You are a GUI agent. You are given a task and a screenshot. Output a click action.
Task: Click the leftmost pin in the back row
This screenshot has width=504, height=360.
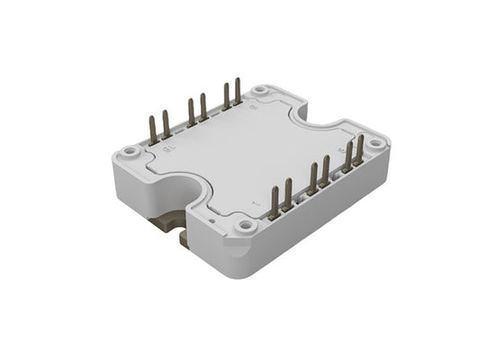(152, 128)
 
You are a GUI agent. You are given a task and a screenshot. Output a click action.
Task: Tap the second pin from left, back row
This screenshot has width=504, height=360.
(166, 125)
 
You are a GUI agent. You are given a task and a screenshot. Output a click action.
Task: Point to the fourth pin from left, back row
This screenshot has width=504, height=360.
(203, 108)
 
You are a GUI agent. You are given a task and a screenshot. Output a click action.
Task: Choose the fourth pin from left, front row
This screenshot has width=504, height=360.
(326, 172)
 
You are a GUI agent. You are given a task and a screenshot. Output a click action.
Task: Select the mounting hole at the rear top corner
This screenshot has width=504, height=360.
(260, 91)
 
